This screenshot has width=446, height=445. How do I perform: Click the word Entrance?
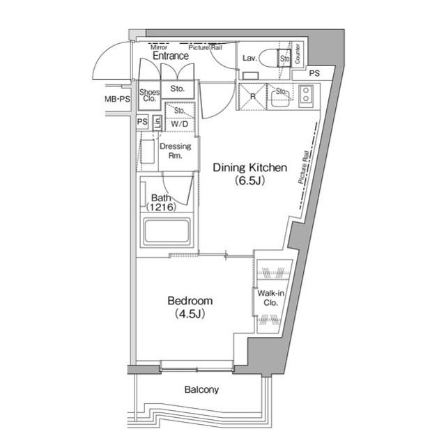[170, 56]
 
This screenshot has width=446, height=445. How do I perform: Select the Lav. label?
[249, 58]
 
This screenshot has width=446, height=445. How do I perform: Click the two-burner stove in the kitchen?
[306, 96]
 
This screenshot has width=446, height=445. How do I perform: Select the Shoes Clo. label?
[149, 95]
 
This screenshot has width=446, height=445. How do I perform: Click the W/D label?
[179, 125]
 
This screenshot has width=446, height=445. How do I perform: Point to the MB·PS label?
[116, 100]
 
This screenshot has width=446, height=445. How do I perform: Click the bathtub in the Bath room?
[167, 232]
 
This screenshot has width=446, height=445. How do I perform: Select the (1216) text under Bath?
[162, 208]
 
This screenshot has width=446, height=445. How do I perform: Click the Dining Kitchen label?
[249, 167]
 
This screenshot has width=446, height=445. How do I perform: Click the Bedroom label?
[189, 301]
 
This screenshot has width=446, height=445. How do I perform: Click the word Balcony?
[201, 390]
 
